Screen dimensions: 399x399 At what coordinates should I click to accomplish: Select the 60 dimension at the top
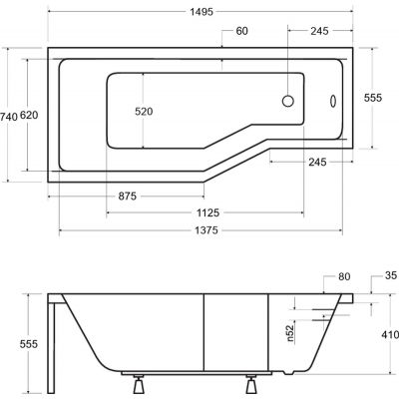click(x=240, y=31)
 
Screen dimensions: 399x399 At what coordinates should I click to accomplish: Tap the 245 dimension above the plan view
click(x=318, y=31)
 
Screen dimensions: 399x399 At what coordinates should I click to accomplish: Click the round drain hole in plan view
click(x=289, y=100)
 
